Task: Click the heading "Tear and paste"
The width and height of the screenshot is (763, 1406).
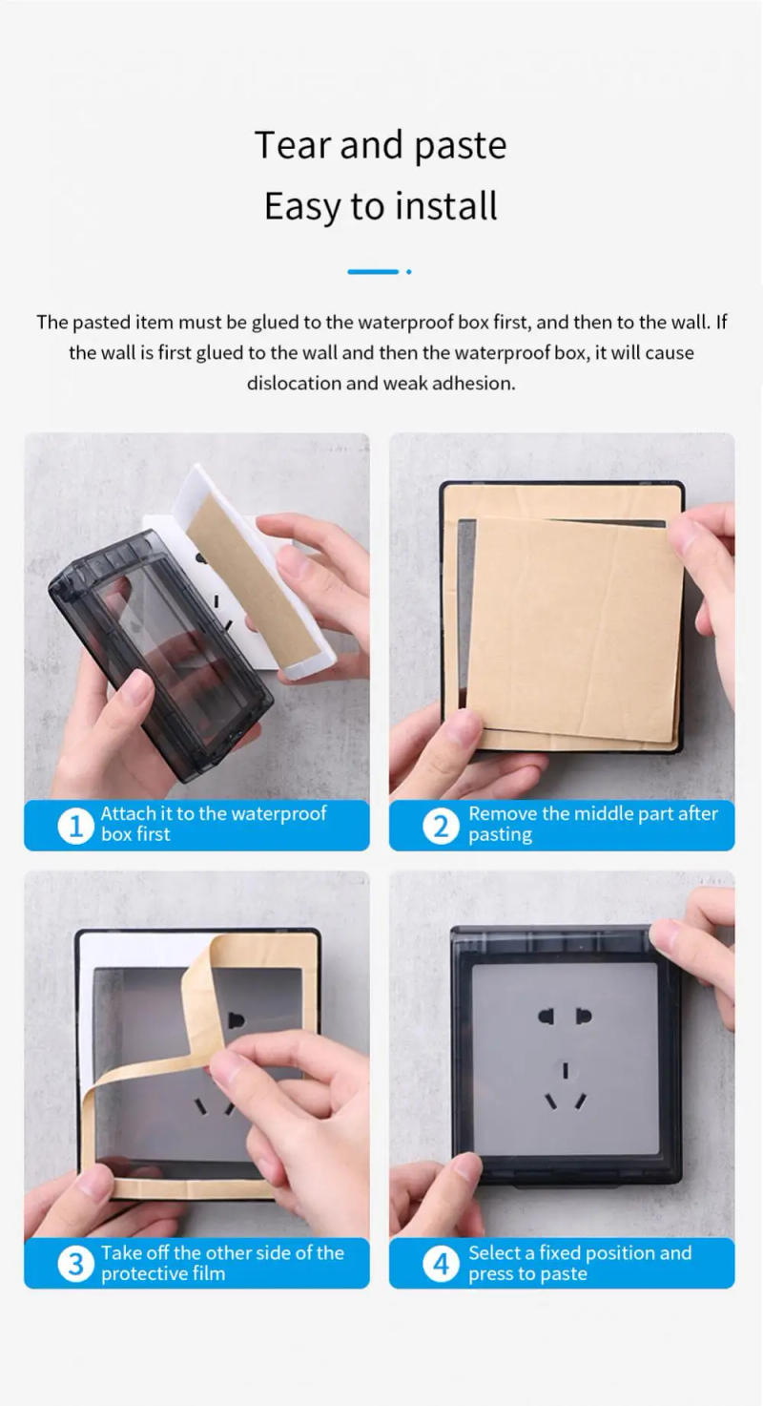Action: pyautogui.click(x=381, y=145)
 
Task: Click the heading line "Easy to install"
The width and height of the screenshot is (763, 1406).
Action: pyautogui.click(x=381, y=206)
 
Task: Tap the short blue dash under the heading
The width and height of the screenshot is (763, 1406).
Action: pyautogui.click(x=373, y=272)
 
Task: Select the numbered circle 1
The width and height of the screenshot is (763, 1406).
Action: pyautogui.click(x=75, y=825)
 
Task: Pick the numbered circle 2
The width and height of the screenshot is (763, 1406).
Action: pyautogui.click(x=441, y=825)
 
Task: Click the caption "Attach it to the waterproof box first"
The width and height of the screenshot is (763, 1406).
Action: pyautogui.click(x=214, y=824)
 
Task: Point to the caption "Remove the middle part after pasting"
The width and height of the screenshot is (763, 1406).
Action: pyautogui.click(x=592, y=824)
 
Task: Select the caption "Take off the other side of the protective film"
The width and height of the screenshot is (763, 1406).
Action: pyautogui.click(x=222, y=1263)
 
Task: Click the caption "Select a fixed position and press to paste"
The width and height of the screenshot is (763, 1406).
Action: pyautogui.click(x=579, y=1263)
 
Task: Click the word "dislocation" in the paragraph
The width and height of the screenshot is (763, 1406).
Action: pyautogui.click(x=293, y=384)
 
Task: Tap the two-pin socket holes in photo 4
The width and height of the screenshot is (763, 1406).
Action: pyautogui.click(x=565, y=1016)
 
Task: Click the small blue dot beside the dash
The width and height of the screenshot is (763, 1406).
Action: pyautogui.click(x=408, y=272)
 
